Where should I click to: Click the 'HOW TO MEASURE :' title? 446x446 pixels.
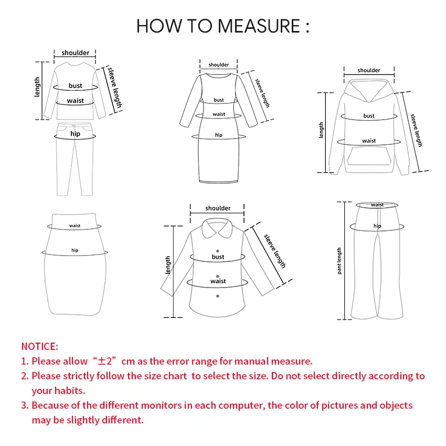[x=222, y=26]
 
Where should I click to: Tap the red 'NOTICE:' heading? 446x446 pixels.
[x=39, y=346]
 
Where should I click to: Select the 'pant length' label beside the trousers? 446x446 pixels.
[x=339, y=261]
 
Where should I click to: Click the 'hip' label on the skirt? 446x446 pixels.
[x=75, y=250]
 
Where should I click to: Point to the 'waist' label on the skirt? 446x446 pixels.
[x=75, y=226]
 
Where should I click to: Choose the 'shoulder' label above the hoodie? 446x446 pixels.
[x=369, y=70]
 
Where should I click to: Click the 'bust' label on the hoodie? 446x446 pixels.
[x=369, y=116]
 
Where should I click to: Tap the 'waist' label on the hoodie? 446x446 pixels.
[x=369, y=141]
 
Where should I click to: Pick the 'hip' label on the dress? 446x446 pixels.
[x=219, y=135]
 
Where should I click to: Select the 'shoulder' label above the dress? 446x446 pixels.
[x=219, y=65]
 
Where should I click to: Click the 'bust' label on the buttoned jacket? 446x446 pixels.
[x=218, y=257]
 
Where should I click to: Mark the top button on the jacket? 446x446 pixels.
[x=218, y=251]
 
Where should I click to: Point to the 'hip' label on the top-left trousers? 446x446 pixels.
[x=76, y=134]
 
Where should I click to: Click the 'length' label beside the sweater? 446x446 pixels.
[x=37, y=88]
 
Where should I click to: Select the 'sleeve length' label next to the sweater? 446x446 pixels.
[x=115, y=87]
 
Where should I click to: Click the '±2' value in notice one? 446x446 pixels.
[x=108, y=361]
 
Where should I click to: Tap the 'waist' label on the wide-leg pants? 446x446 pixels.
[x=377, y=205]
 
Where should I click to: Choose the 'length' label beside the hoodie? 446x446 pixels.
[x=322, y=131]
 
